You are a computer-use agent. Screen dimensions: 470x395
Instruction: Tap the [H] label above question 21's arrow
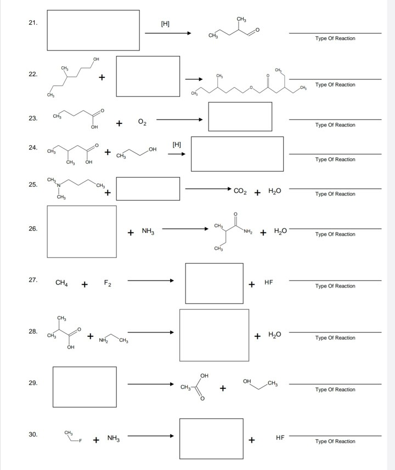165,24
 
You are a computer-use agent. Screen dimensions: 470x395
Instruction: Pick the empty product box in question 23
240,117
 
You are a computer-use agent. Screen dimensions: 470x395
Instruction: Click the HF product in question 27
268,283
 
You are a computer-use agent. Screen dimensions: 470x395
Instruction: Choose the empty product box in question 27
214,283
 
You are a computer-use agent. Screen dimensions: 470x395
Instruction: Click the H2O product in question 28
275,335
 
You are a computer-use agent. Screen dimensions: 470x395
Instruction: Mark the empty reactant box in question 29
84,387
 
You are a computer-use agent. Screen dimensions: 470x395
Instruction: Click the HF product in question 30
280,439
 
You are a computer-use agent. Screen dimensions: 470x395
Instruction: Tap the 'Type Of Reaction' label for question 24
335,159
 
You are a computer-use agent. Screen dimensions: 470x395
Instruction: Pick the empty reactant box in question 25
148,188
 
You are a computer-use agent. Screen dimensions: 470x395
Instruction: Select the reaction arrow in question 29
151,386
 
